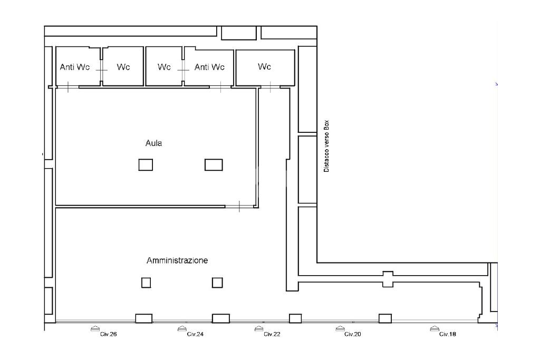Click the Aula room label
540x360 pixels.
click(x=153, y=143)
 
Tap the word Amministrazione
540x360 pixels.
click(x=177, y=260)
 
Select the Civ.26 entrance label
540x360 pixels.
click(x=109, y=334)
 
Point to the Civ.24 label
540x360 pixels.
click(x=195, y=334)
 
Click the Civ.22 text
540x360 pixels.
click(x=272, y=334)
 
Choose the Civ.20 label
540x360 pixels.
click(x=353, y=334)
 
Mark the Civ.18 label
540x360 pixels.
click(x=447, y=334)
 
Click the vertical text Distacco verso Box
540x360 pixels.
click(x=326, y=146)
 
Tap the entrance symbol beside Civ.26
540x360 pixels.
click(x=95, y=329)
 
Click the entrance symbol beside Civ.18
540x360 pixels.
click(x=435, y=329)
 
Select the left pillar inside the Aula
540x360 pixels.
click(x=146, y=165)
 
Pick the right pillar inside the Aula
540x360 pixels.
click(x=214, y=165)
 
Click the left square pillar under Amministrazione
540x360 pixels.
click(x=146, y=283)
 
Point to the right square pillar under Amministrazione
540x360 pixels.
click(x=217, y=283)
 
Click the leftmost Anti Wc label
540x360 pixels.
click(x=75, y=67)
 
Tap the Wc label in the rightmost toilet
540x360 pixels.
click(x=264, y=66)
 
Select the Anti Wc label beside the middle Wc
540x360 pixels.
click(x=209, y=67)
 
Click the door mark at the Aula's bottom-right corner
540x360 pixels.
click(x=239, y=207)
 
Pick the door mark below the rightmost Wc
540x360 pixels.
click(x=271, y=87)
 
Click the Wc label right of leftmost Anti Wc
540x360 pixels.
click(x=123, y=67)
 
